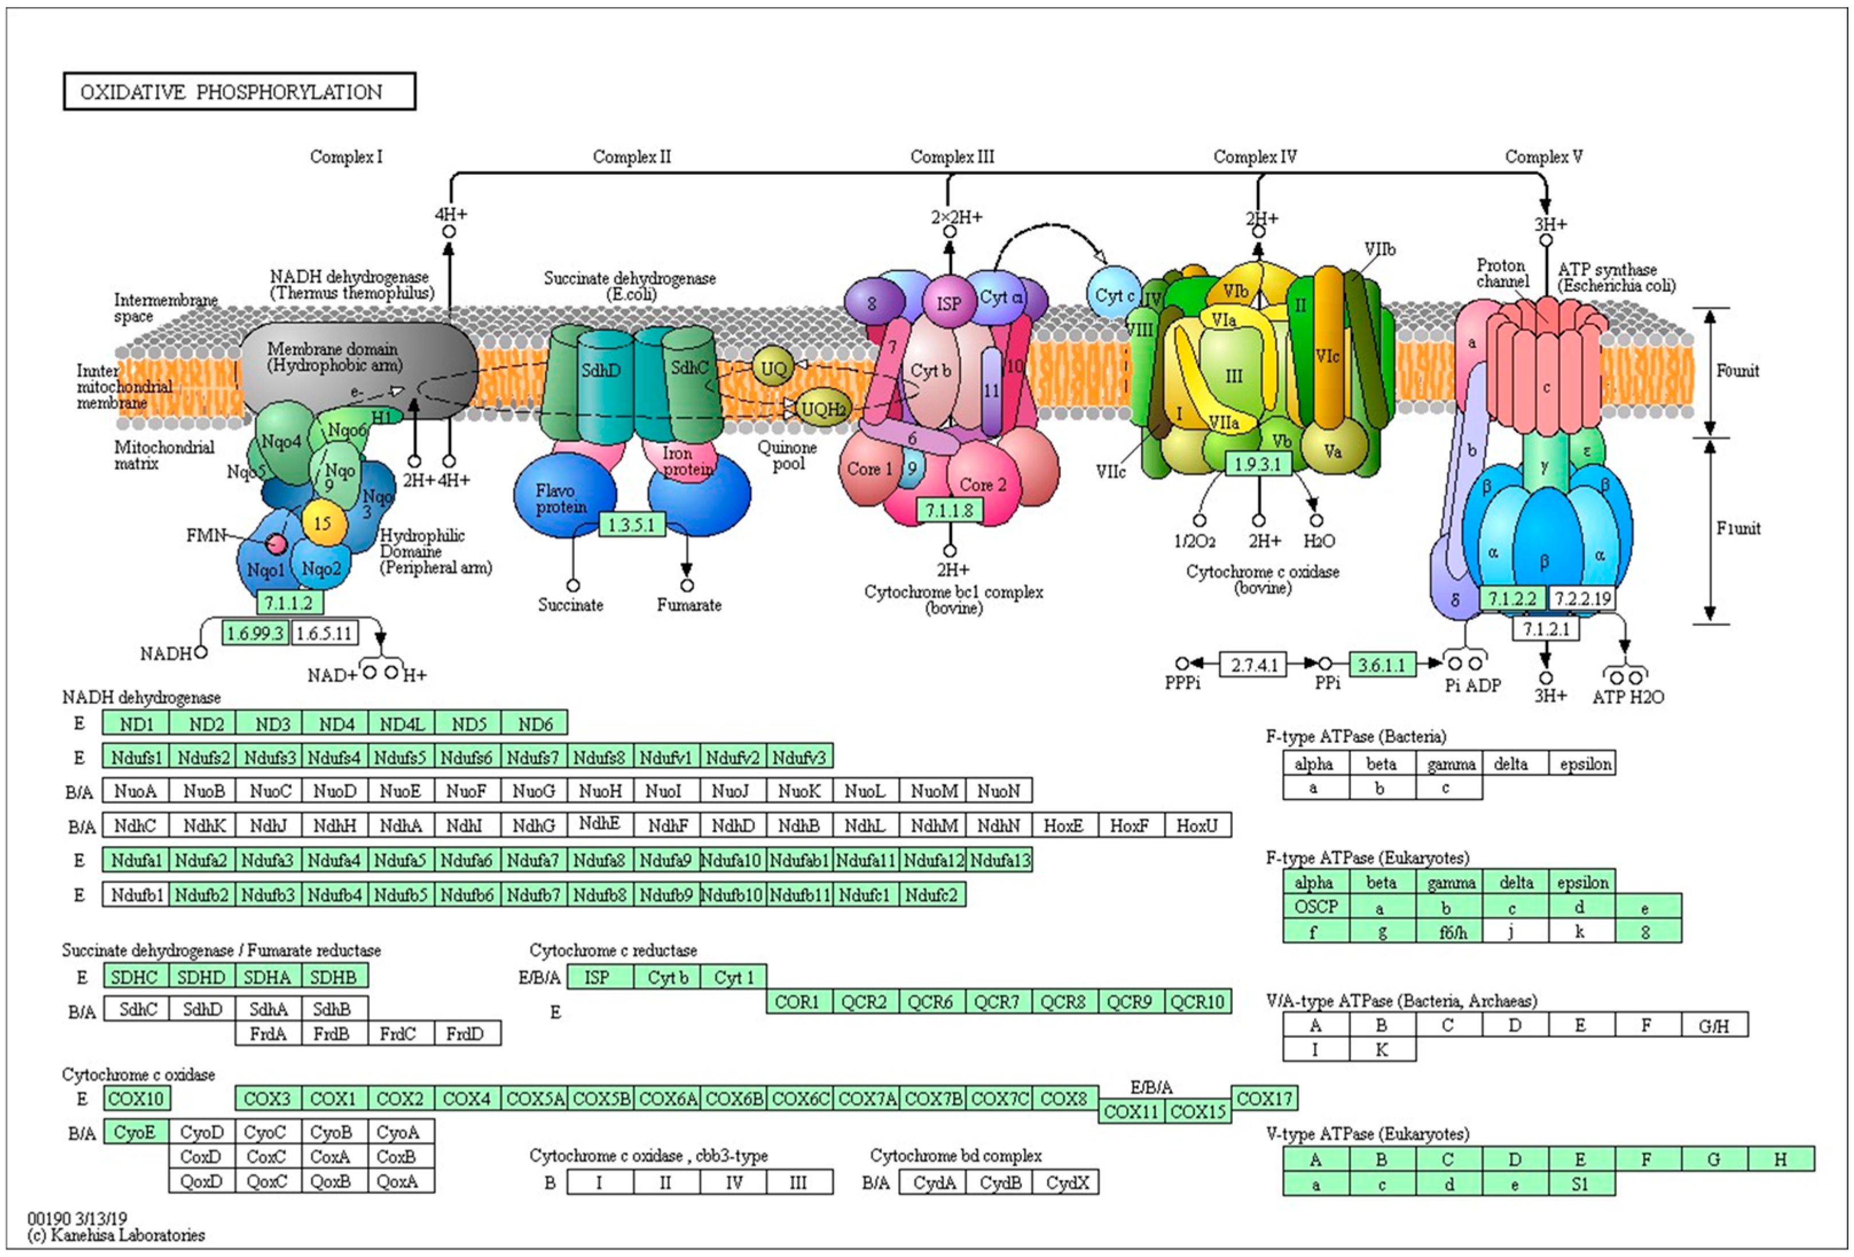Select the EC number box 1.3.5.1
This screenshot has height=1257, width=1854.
point(631,524)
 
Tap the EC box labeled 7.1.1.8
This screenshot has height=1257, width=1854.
point(948,510)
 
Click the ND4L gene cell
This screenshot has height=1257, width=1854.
point(402,724)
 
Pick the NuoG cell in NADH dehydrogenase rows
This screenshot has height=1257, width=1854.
point(533,791)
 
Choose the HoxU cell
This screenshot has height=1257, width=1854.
point(1197,826)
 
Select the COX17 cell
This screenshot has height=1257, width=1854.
point(1264,1099)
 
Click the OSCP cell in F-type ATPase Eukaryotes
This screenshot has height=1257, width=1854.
point(1315,907)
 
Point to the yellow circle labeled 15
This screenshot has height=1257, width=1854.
point(322,523)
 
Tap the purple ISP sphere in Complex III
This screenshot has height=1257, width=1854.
point(948,303)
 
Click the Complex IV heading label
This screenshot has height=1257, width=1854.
point(1255,156)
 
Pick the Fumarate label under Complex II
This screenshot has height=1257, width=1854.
point(688,605)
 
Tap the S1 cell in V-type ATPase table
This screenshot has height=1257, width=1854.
point(1581,1184)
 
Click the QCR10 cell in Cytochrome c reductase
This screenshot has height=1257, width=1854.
point(1197,1001)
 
